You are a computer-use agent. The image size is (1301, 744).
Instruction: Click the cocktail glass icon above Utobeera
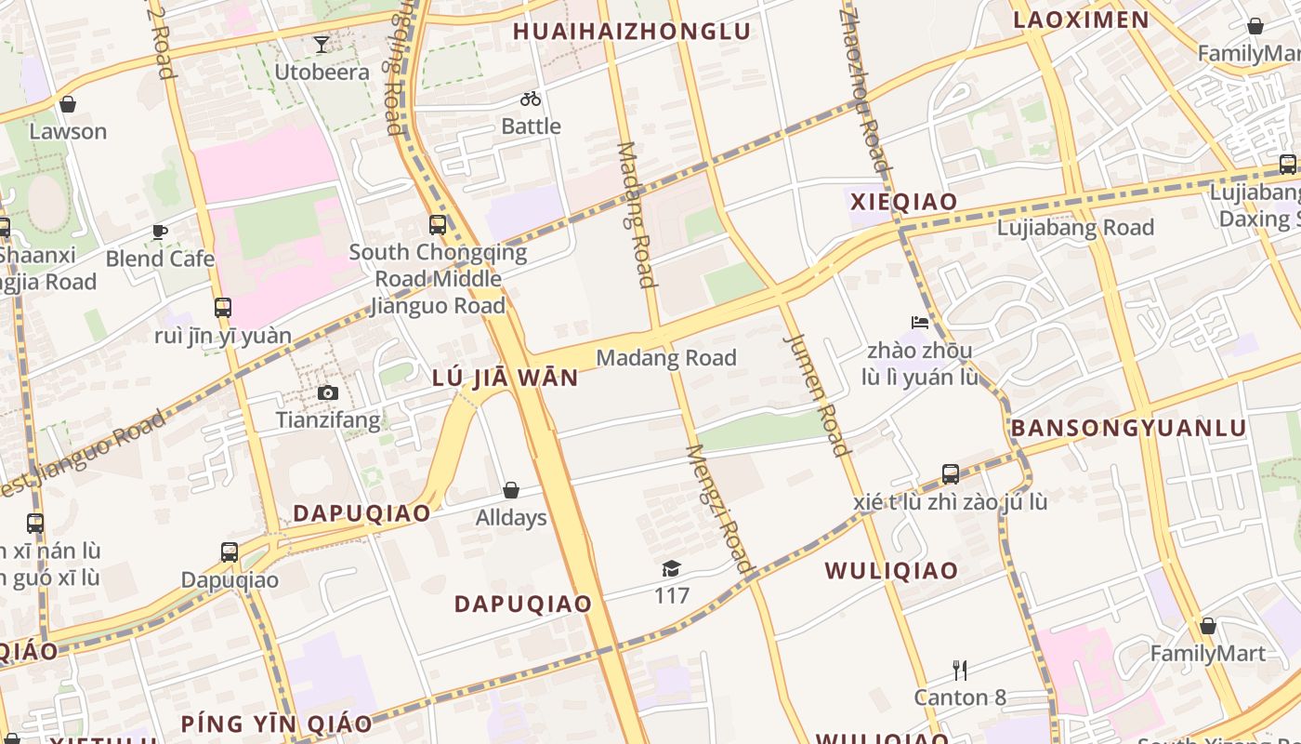tap(321, 44)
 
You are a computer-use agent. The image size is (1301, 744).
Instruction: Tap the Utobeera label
tap(322, 72)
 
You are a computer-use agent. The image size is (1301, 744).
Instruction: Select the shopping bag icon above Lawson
tap(67, 104)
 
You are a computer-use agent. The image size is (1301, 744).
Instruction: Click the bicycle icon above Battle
tap(531, 99)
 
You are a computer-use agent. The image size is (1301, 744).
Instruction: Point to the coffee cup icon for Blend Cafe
tap(160, 232)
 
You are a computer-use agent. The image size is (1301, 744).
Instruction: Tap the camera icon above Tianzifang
tap(327, 393)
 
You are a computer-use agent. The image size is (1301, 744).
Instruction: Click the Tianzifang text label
tap(328, 420)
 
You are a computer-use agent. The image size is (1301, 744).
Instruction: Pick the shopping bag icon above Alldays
tap(510, 490)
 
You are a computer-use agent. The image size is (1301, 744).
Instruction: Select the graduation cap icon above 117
tap(671, 568)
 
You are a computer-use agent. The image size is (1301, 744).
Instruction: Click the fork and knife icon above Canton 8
tap(960, 670)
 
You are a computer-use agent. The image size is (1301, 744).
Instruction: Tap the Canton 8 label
tap(960, 697)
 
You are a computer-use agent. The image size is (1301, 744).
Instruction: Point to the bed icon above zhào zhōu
tap(920, 324)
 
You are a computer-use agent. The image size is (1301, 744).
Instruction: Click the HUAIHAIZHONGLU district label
tap(632, 32)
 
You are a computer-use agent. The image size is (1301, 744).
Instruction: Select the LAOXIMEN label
tap(1081, 20)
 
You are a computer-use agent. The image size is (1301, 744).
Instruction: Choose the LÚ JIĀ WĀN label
tap(506, 378)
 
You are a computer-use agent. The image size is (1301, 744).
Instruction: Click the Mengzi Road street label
tap(719, 508)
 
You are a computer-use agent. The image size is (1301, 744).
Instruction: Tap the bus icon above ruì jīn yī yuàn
tap(222, 307)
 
